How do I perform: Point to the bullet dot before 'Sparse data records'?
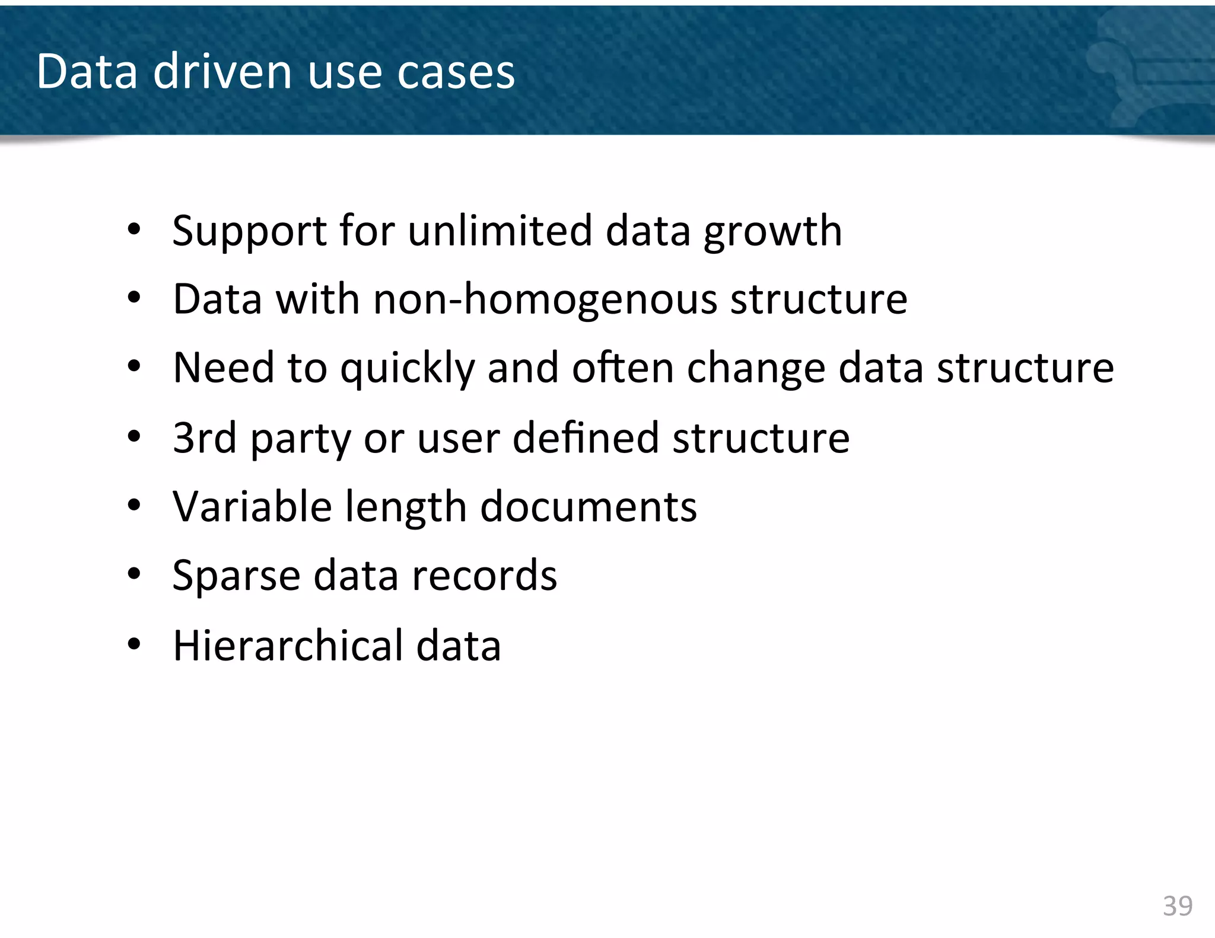(134, 575)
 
